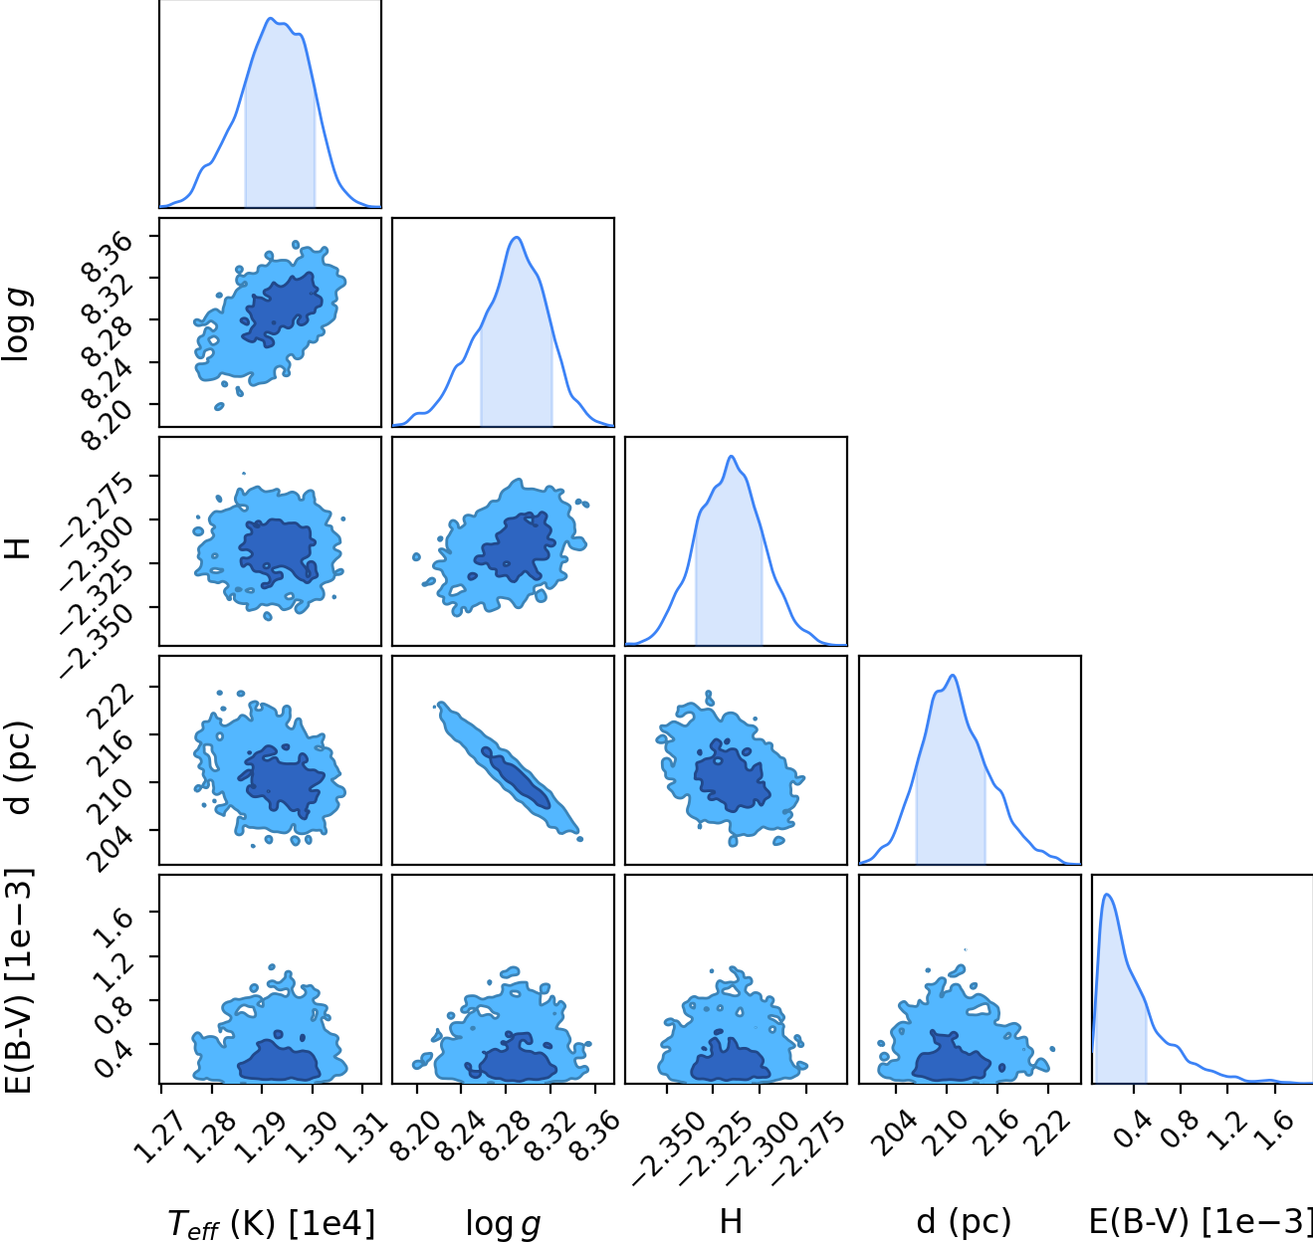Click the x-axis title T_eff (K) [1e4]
coord(271,1222)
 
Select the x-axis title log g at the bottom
coord(503,1224)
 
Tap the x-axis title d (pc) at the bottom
coord(964,1222)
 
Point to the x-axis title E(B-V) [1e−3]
coord(1201,1222)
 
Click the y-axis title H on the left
coord(19,548)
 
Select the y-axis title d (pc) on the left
coord(19,767)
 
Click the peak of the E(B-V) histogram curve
coord(1107,895)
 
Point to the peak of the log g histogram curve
coord(516,238)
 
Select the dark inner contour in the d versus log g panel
coord(516,778)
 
